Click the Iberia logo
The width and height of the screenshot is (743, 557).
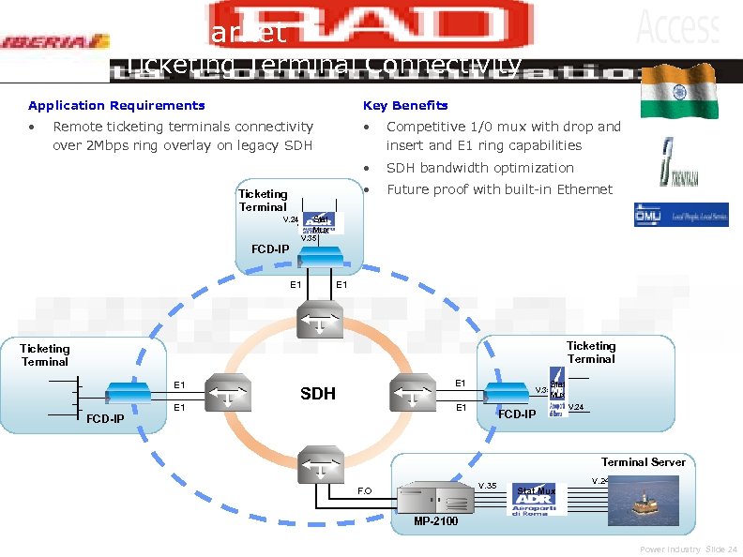(x=55, y=41)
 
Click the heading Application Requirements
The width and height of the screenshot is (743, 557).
(x=116, y=105)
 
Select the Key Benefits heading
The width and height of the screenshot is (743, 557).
(x=405, y=105)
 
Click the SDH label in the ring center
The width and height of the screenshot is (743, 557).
(x=318, y=393)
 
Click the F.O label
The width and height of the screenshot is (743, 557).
(x=365, y=490)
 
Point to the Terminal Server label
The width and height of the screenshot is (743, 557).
(x=643, y=461)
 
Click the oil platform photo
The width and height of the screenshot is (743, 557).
(x=643, y=501)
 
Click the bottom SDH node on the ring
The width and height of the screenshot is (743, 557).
(x=318, y=462)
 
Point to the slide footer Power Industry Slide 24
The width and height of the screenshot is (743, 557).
(x=689, y=549)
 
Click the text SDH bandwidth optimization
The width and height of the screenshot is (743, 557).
(x=479, y=168)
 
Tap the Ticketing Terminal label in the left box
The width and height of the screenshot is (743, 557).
(x=45, y=354)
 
